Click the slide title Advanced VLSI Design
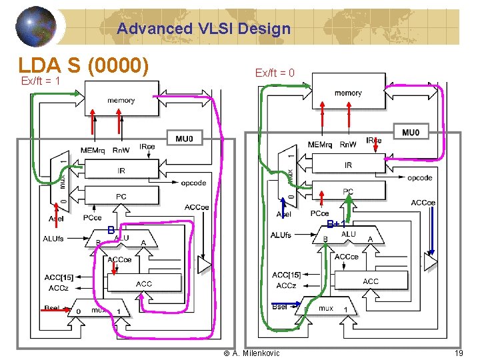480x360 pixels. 203,29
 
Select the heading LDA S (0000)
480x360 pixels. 83,65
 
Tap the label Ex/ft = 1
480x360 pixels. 41,81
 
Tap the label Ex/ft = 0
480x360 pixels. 275,73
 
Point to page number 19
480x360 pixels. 459,353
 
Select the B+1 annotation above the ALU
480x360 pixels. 335,224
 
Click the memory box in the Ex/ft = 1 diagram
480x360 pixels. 121,101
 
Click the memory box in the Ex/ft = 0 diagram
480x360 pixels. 348,93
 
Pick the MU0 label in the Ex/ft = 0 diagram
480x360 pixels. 411,133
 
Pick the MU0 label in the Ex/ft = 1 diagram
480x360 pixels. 184,139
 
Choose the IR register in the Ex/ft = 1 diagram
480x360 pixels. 121,171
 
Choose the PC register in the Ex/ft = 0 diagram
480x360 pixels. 348,191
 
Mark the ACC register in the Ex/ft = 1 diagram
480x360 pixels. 143,283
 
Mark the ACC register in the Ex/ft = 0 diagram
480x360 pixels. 371,281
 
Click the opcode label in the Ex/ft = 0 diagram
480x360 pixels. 420,178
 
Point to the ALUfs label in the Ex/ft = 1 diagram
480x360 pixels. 53,239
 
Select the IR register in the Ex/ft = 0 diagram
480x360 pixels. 348,165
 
